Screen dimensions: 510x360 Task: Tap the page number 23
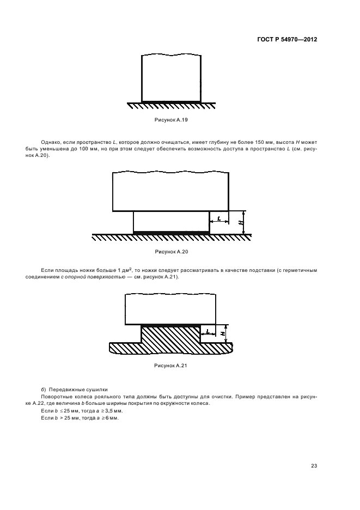click(x=314, y=465)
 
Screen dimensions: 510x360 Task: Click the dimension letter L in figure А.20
click(x=218, y=218)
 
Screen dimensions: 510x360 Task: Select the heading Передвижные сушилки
click(x=78, y=390)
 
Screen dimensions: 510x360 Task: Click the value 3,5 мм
click(x=107, y=410)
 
